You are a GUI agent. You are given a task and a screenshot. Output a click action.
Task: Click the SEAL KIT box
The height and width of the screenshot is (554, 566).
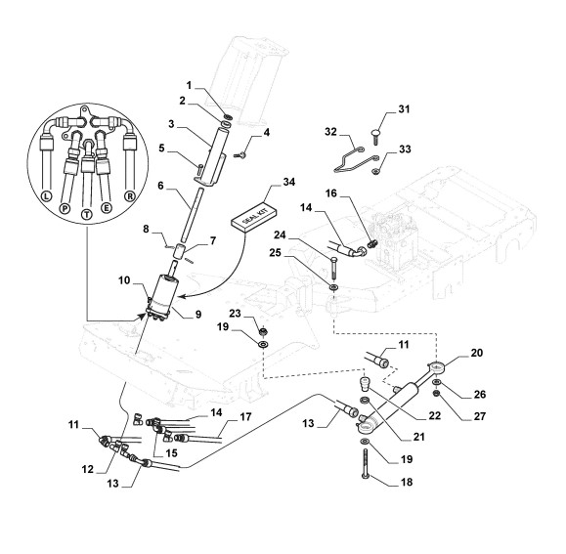click(254, 215)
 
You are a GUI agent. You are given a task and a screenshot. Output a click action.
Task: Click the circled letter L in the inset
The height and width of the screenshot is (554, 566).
click(46, 196)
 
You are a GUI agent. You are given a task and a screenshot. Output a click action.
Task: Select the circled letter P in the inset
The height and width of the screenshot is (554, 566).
click(65, 208)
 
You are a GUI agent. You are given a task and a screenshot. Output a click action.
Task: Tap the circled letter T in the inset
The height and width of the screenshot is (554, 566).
click(87, 214)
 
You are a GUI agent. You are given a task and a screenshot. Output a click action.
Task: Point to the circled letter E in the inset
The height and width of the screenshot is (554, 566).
click(107, 208)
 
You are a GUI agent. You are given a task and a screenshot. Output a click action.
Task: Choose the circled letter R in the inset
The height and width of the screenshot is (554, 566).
click(130, 196)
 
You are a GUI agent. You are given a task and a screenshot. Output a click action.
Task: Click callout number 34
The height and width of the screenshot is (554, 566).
click(288, 182)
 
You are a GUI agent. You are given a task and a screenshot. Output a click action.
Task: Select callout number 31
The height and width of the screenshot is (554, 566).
click(404, 108)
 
